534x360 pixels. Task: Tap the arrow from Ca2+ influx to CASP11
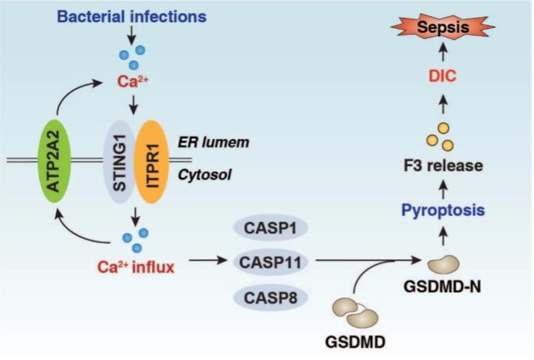[x=209, y=262]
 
